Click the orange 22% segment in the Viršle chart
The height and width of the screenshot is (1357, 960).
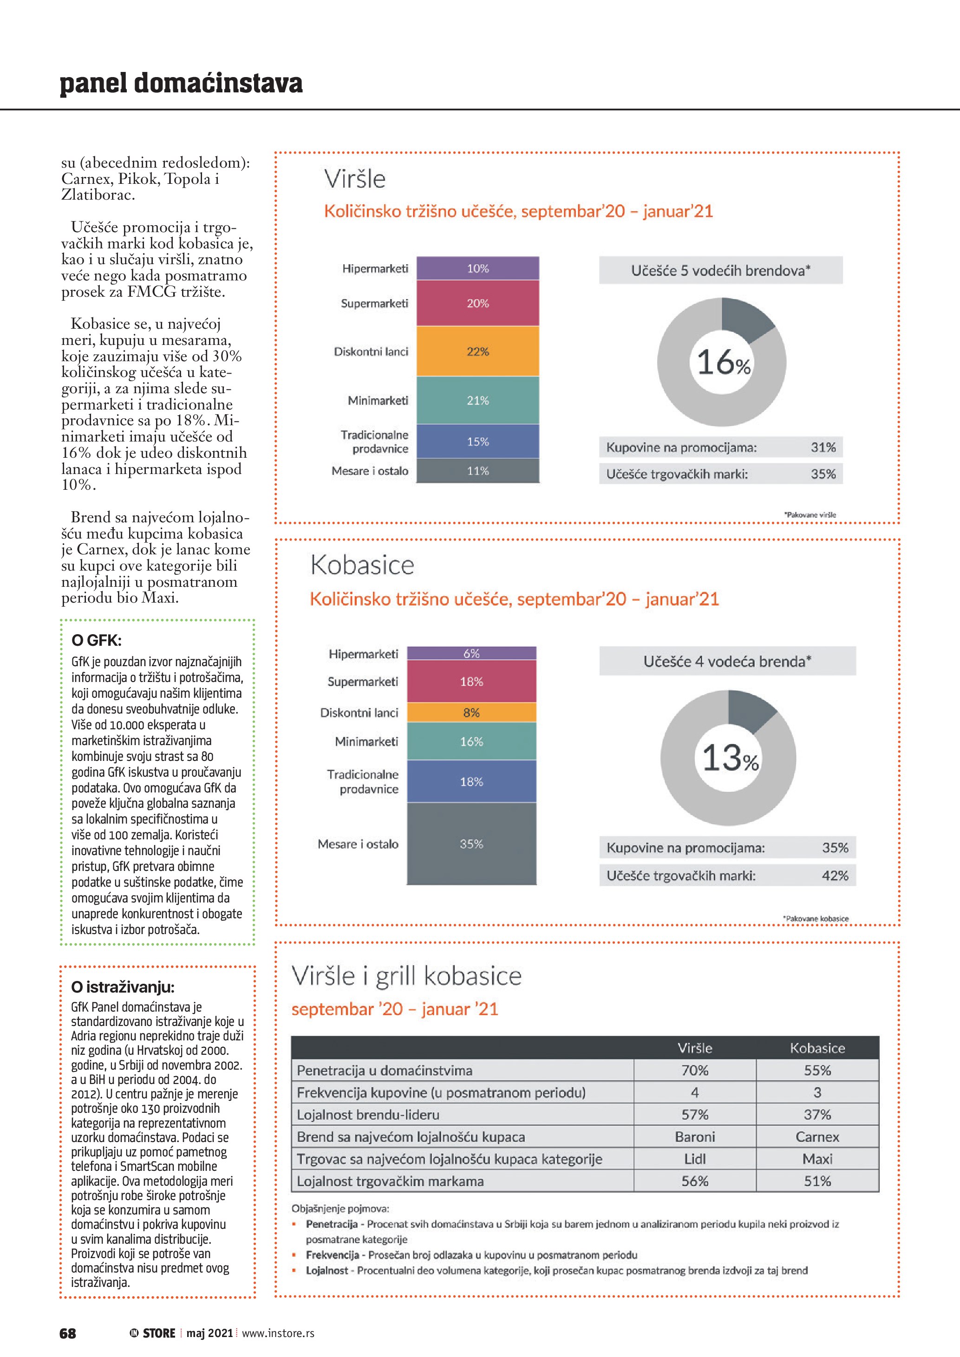coord(477,351)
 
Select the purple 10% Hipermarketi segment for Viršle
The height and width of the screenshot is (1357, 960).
coord(477,268)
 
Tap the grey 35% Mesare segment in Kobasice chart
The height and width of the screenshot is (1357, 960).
coord(471,844)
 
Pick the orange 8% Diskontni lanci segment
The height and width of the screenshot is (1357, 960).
coord(471,712)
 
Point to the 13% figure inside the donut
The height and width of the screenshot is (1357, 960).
coord(730,758)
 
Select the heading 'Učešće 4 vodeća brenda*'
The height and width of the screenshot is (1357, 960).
coord(727,662)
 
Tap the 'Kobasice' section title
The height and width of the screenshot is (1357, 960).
coord(362,565)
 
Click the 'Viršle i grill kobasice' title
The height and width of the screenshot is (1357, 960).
coord(407,976)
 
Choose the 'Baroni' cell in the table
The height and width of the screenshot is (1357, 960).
coord(695,1136)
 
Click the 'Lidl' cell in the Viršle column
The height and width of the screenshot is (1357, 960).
coord(695,1159)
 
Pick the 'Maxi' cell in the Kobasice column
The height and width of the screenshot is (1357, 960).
coord(817,1159)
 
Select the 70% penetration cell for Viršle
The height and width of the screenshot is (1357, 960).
coord(695,1071)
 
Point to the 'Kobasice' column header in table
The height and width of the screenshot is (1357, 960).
coord(817,1048)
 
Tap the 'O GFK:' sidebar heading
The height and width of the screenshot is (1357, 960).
coord(96,640)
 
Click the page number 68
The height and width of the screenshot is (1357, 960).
coord(68,1333)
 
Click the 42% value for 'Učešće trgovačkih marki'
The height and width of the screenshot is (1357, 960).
coord(835,875)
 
